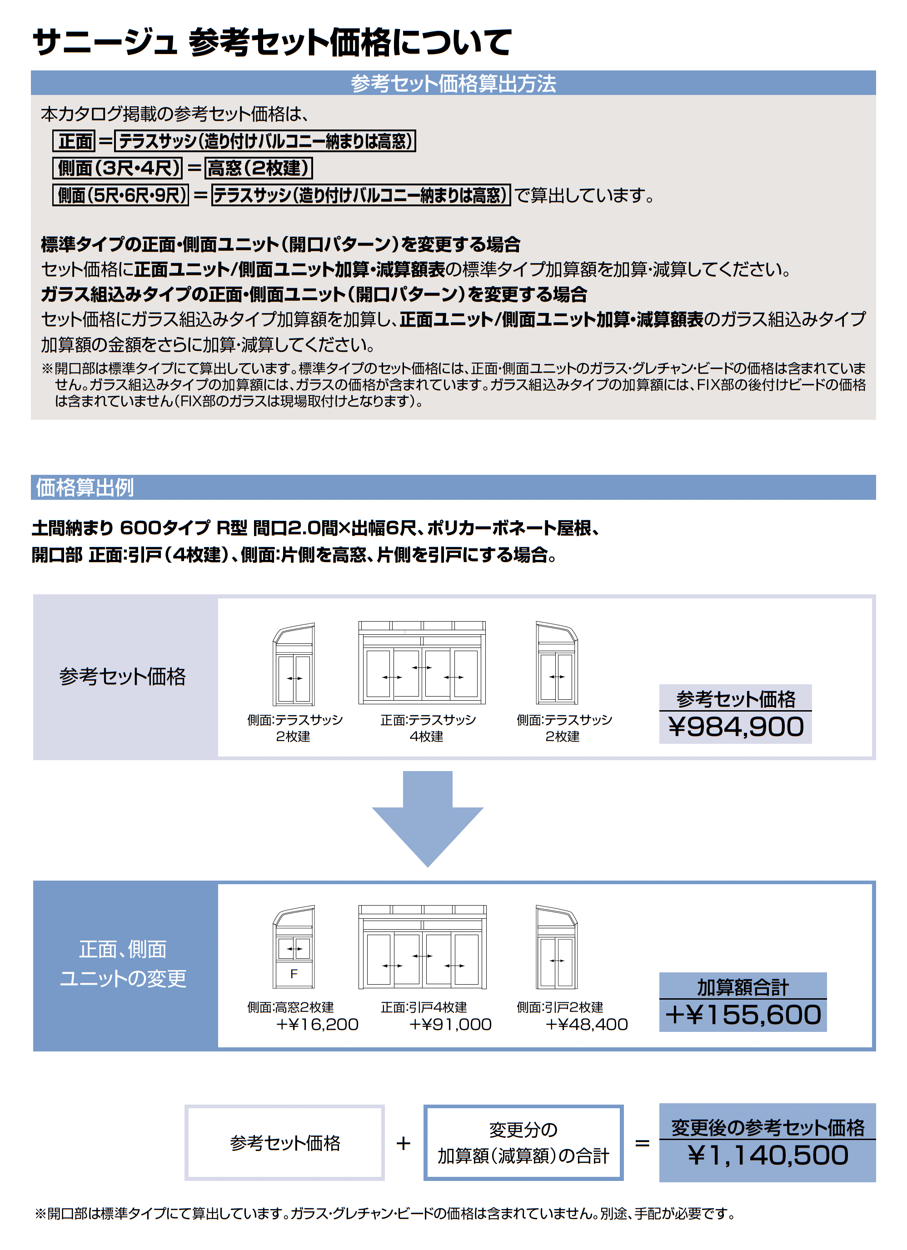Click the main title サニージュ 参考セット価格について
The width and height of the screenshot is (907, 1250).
coord(272,42)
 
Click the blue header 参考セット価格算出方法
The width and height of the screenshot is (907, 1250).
coord(453,83)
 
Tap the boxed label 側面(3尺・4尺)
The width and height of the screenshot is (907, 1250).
coord(117,168)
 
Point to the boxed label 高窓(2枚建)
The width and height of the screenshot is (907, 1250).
coord(259,168)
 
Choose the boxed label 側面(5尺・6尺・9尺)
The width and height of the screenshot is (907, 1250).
coord(121,195)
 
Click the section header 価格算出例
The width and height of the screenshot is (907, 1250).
coord(85,488)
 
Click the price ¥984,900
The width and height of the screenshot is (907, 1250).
coord(736,727)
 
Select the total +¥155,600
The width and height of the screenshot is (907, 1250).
coord(743,1015)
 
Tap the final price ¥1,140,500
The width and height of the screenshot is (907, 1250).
coord(767,1155)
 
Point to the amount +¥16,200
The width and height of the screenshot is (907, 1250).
coord(317,1025)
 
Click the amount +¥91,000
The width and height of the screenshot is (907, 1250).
coord(450,1025)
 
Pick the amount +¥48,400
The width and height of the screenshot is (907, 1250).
coord(586,1025)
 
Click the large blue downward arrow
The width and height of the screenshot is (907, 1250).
coord(428,818)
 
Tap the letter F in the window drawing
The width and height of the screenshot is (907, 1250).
coord(294,974)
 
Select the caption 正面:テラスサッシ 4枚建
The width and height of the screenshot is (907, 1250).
coord(428,728)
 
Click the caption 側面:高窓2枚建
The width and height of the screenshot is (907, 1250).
coord(290,1007)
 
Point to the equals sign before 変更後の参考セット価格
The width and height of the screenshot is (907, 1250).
coord(642,1143)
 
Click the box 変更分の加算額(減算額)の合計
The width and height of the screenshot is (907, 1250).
coord(523,1142)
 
